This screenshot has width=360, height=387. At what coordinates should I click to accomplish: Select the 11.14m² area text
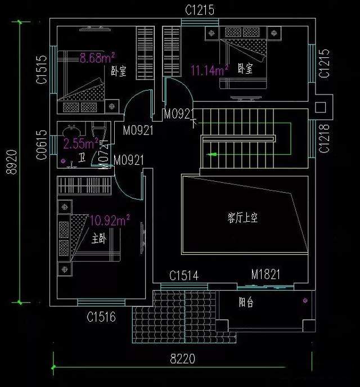pos(209,70)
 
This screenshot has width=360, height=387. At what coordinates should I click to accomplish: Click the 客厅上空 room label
pos(242,217)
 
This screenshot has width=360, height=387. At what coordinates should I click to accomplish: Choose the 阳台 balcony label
pos(246,303)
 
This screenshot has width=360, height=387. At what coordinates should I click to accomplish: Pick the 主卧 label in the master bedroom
pos(98,239)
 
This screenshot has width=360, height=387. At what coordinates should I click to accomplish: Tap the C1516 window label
pos(101,318)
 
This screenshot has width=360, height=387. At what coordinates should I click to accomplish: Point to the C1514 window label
pos(183,276)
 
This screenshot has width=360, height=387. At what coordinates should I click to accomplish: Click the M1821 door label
pos(265,275)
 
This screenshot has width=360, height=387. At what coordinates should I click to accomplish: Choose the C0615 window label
pos(42,146)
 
